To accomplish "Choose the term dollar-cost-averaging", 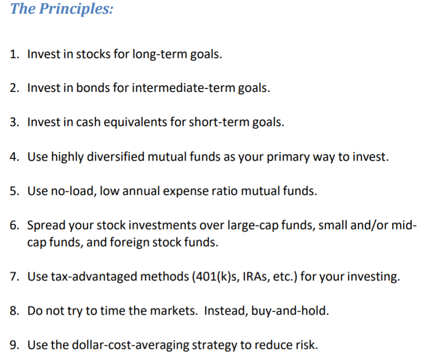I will (128, 345).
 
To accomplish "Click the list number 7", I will (14, 276).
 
